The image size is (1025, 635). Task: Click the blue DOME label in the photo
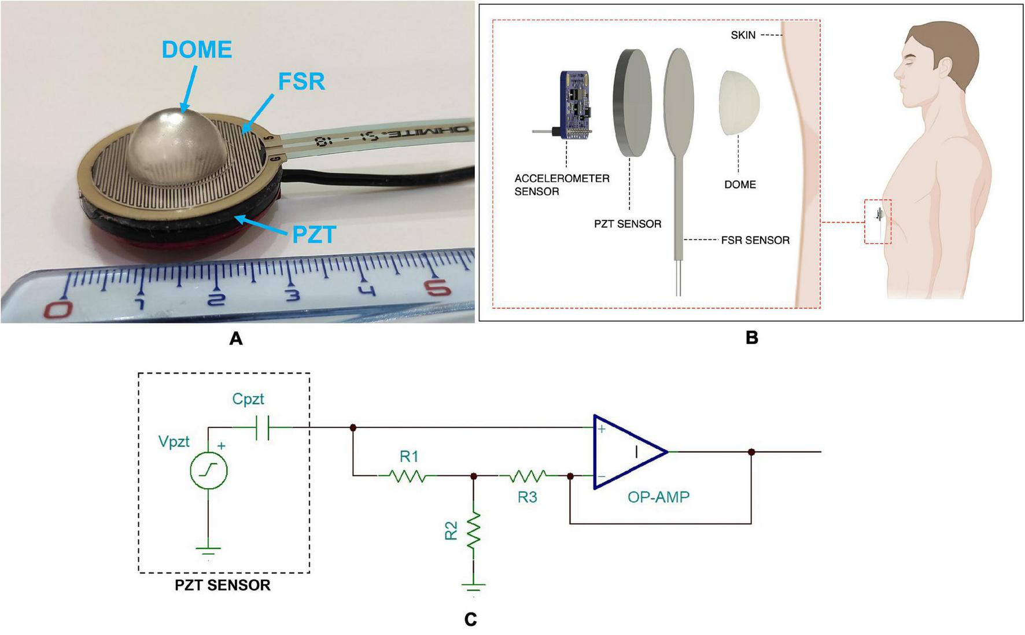pos(197,50)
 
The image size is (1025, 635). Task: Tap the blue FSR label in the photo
pos(301,82)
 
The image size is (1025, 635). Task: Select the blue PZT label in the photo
pos(314,235)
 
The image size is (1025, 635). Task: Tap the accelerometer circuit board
pos(574,106)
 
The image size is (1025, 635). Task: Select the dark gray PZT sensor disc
pos(632,103)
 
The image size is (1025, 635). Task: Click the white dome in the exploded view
pos(739,104)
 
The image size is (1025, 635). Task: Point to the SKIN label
pos(743,35)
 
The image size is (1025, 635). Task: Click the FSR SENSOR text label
pos(755,240)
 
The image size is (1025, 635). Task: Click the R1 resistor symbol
pos(408,476)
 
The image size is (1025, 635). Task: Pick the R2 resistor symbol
pos(474,531)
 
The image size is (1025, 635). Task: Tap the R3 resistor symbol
pos(527,476)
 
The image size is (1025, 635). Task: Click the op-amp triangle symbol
pos(628,452)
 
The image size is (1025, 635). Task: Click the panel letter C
pos(470,619)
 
